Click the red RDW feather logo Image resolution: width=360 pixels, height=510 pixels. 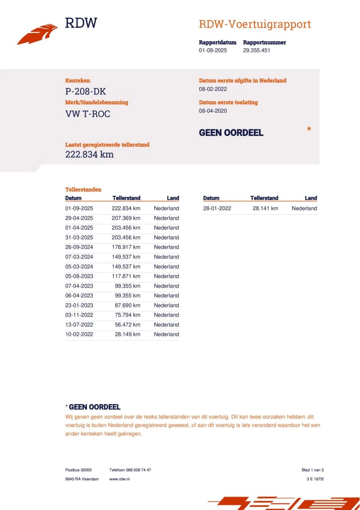[37, 34]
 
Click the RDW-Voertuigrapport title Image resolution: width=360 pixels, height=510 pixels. [254, 24]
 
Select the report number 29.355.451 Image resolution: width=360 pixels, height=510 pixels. [256, 51]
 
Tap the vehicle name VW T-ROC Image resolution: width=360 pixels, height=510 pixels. [88, 114]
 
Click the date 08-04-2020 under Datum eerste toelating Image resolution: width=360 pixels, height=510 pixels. [213, 111]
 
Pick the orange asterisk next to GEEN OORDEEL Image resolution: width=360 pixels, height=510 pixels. [309, 129]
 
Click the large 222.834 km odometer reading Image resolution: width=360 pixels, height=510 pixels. [89, 155]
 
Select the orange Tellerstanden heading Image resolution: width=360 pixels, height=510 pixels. [83, 190]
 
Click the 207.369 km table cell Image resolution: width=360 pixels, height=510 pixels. [126, 218]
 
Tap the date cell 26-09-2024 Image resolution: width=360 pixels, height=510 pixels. [79, 247]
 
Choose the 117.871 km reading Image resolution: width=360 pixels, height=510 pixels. [126, 277]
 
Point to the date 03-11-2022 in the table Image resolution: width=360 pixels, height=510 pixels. [79, 315]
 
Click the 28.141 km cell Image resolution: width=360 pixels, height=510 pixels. [265, 208]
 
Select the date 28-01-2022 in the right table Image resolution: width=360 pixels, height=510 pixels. [217, 208]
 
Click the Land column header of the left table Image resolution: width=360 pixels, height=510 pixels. [173, 198]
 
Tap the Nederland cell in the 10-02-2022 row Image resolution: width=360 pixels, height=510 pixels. [166, 335]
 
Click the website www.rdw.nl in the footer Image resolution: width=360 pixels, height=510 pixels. [119, 479]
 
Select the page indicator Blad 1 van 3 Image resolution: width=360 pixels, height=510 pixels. [313, 470]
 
